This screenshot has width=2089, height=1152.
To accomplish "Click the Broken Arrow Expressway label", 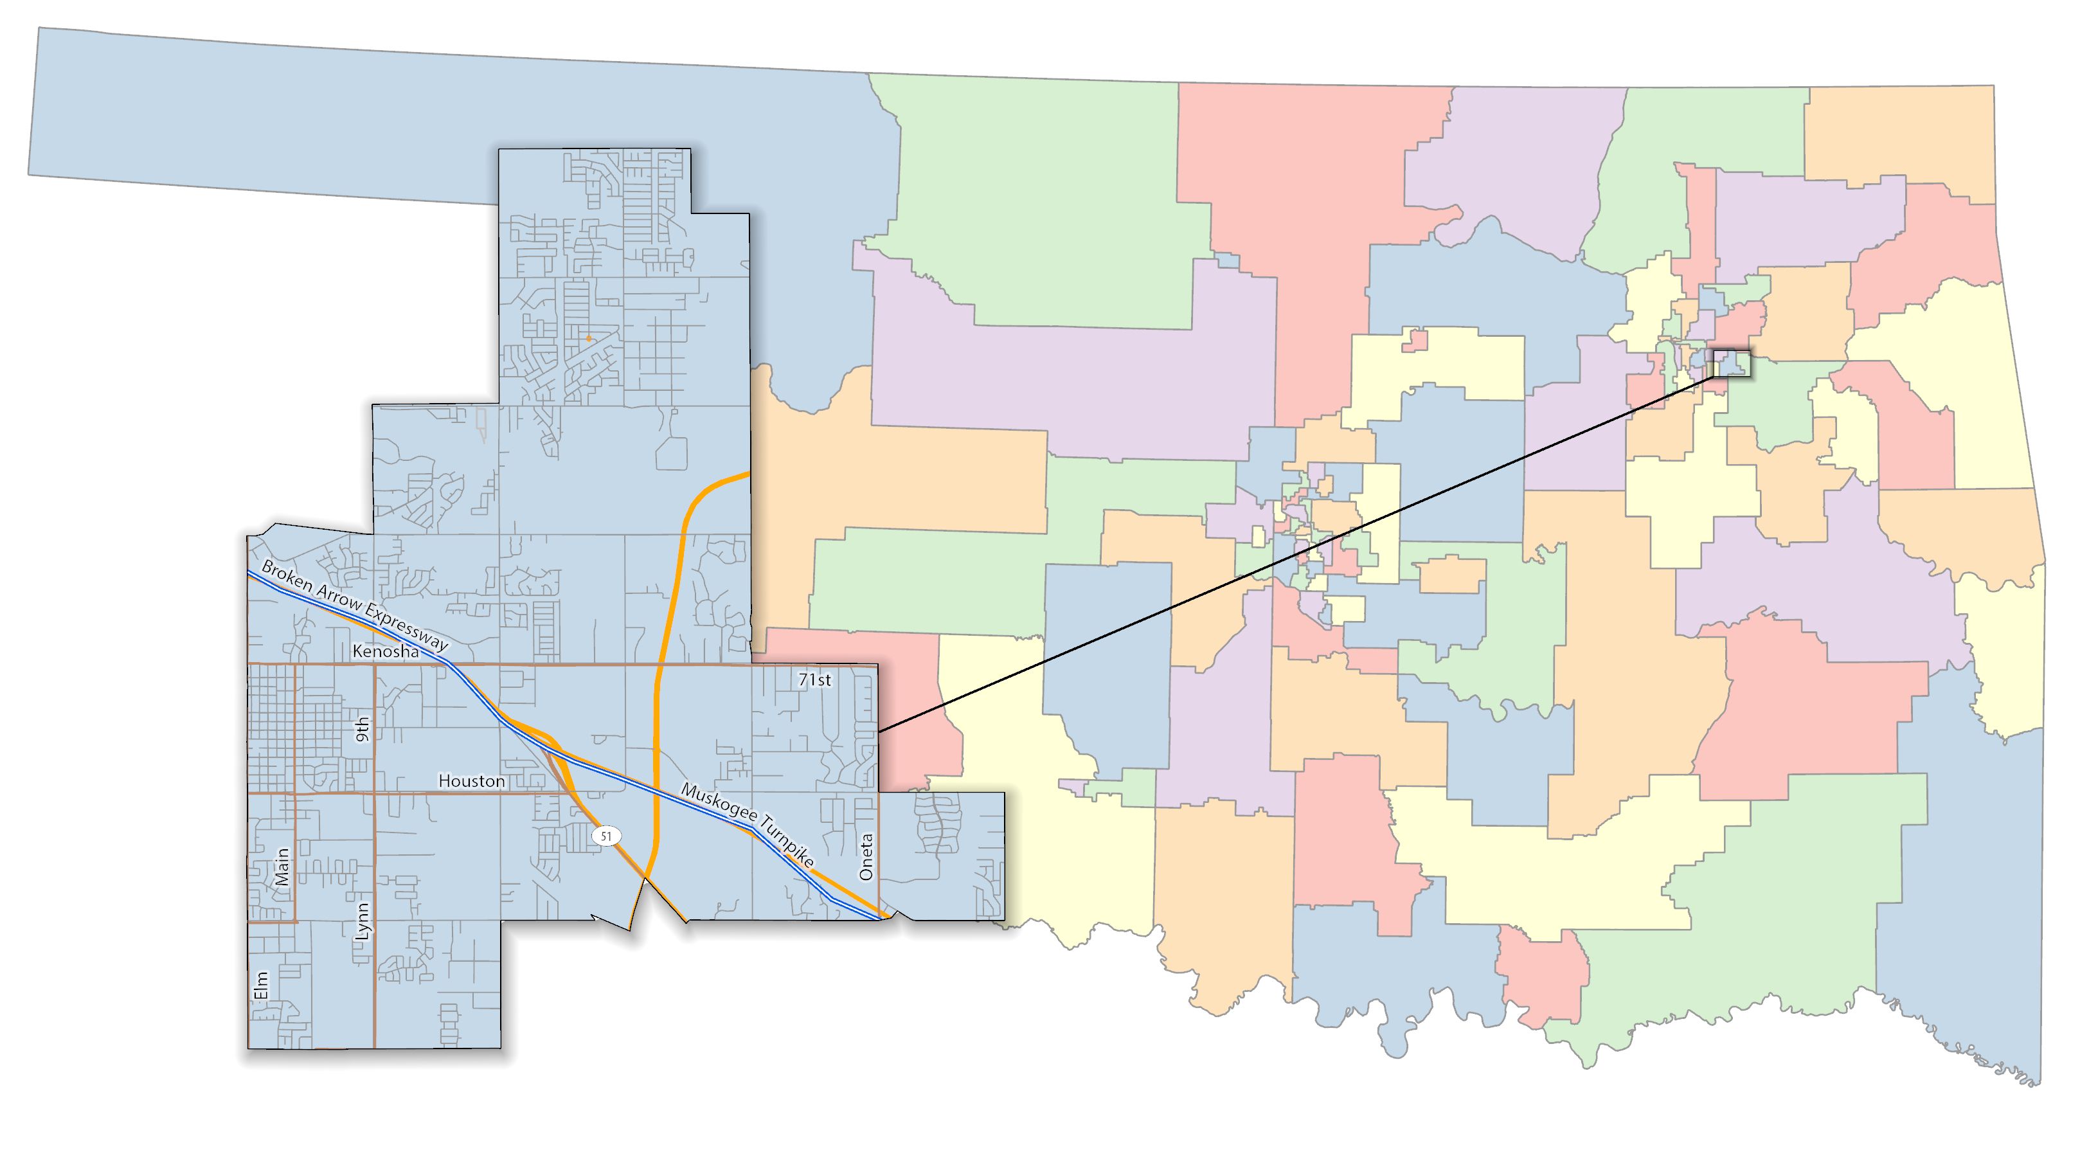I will [x=354, y=605].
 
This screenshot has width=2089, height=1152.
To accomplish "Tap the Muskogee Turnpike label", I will [x=747, y=826].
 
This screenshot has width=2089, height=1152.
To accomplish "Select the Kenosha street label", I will [x=386, y=651].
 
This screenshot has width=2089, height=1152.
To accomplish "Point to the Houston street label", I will [x=471, y=780].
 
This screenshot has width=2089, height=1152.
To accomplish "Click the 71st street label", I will [x=814, y=680].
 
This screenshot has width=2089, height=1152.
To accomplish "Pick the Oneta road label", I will [x=866, y=857].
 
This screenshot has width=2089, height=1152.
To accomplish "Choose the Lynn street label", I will [x=363, y=921].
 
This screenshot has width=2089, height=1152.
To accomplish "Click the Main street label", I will [x=282, y=867].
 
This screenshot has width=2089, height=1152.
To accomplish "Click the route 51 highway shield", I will [x=607, y=836].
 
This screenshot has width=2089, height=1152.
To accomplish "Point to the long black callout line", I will [x=1298, y=552].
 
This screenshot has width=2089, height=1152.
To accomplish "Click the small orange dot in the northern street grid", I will [x=589, y=337].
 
